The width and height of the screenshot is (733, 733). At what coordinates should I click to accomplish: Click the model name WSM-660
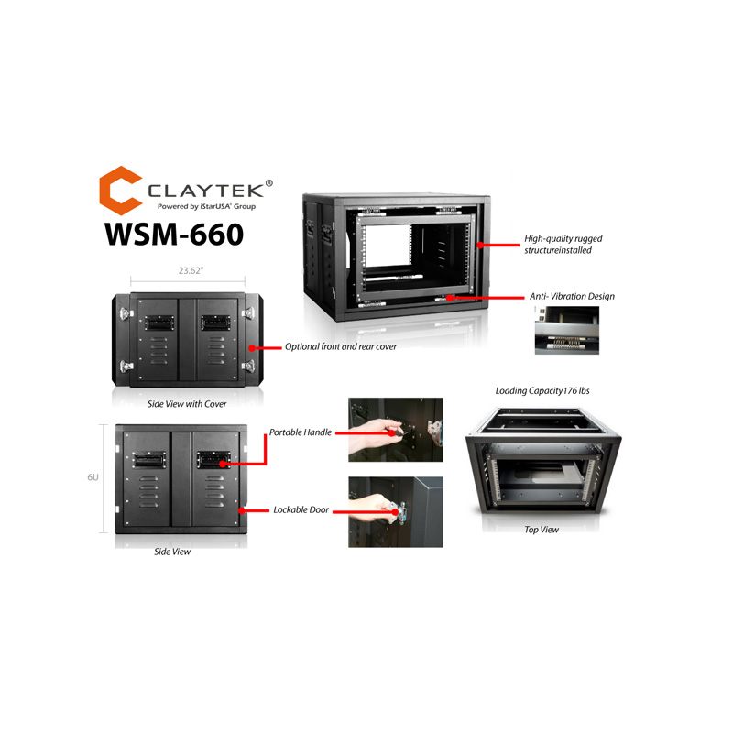pos(173,233)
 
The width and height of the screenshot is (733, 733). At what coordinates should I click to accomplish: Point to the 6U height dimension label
pos(93,477)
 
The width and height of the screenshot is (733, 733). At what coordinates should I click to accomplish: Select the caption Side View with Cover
pos(186,403)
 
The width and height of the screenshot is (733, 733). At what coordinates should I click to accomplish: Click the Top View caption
pos(542,529)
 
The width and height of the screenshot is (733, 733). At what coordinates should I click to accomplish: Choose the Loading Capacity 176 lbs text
pos(542,390)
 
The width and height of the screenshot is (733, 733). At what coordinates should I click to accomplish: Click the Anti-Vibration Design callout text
pos(572,297)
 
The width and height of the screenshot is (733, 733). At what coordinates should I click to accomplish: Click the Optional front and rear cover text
pos(341,347)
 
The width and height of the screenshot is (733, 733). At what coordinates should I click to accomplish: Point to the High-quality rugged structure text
pos(563,244)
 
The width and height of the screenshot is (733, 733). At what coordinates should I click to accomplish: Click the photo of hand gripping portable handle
pos(395,429)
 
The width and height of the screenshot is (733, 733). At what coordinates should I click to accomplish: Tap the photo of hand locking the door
pos(395,511)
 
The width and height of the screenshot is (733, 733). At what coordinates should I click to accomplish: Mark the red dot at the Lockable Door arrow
pos(239,510)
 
